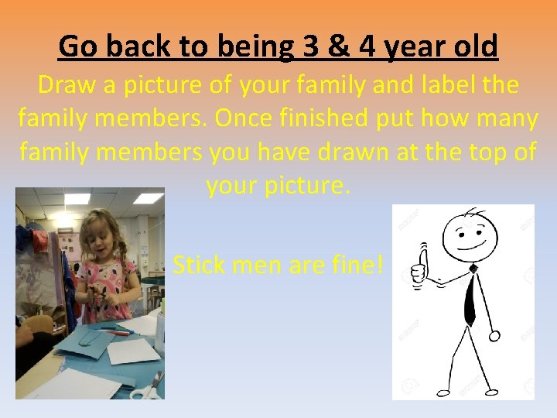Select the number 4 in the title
click(367, 46)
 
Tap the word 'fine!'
click(354, 266)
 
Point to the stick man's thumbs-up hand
click(419, 268)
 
